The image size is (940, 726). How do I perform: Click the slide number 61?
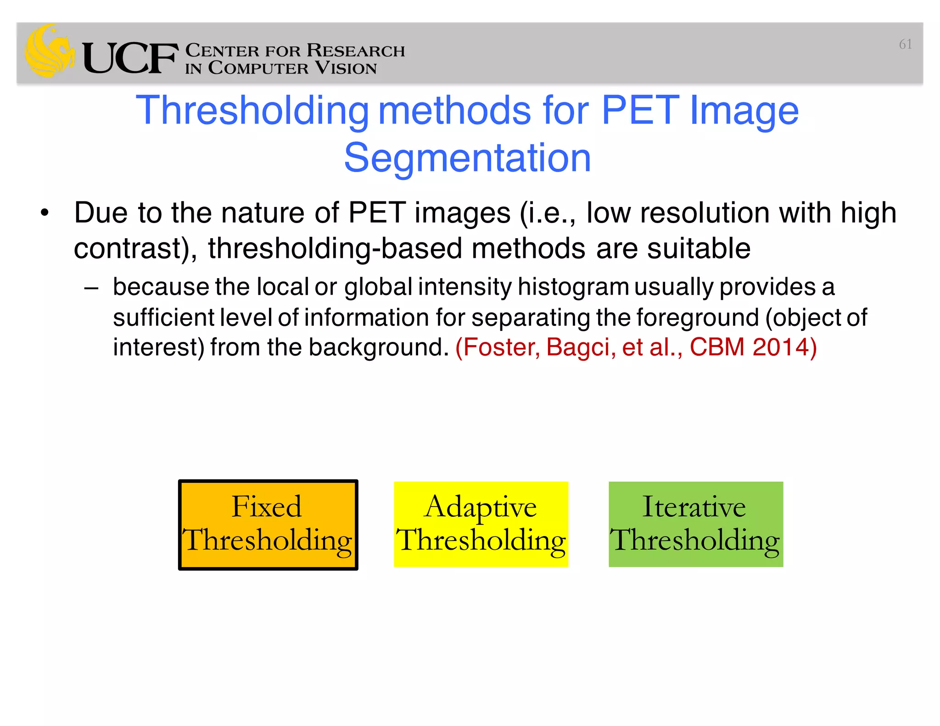tap(905, 44)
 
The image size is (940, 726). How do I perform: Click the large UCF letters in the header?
tap(130, 58)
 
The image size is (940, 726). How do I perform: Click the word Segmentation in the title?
tap(467, 158)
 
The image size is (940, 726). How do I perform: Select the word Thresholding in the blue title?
tap(252, 111)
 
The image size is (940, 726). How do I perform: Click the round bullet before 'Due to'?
tap(44, 213)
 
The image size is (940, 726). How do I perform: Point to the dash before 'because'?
tap(91, 288)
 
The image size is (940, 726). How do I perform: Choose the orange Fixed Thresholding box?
tap(268, 525)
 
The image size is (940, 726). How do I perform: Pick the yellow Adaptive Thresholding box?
tap(481, 525)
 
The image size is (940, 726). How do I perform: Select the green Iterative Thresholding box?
tap(695, 525)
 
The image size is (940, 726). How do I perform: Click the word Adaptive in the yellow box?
tap(480, 507)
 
